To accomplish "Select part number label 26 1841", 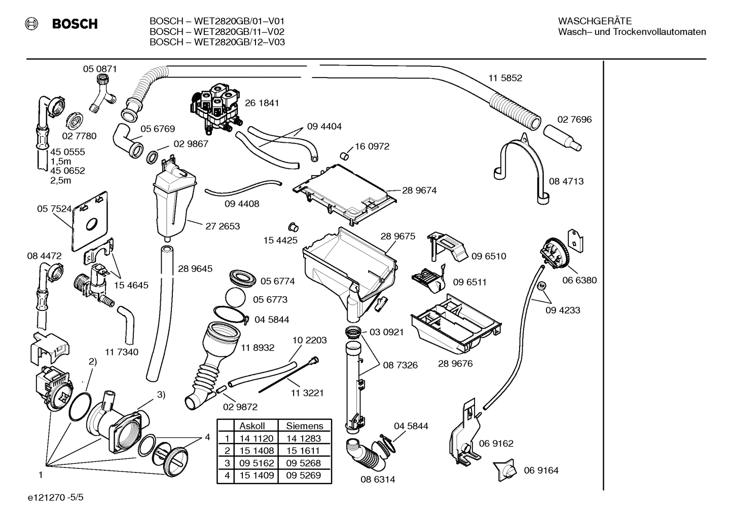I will pos(262,103).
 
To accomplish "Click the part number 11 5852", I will pos(505,78).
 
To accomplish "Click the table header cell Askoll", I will pos(252,426).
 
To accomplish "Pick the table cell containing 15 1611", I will pos(303,451).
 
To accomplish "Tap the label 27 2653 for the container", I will pos(223,226).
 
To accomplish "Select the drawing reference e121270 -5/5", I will pos(56,498).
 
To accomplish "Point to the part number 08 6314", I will pos(378,480).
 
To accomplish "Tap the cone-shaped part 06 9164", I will pos(505,470).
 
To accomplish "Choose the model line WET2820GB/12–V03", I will pos(217,43).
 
